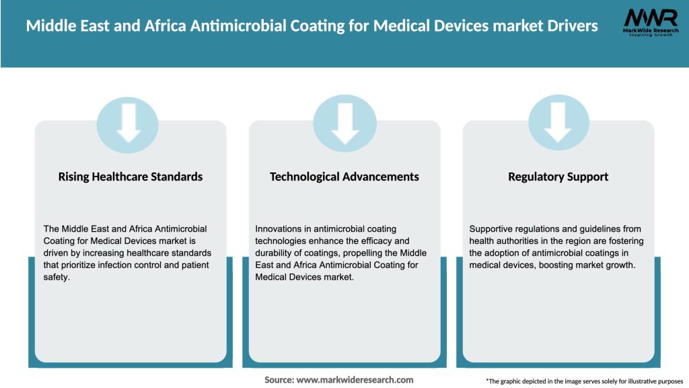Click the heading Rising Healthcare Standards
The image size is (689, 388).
click(131, 176)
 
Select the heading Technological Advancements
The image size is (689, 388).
click(344, 176)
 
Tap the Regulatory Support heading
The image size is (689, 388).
click(558, 176)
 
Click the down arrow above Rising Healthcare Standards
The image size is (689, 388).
click(128, 122)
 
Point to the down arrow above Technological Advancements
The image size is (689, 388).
click(344, 122)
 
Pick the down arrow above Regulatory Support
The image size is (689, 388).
click(558, 122)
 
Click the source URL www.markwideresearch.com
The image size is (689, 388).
click(355, 380)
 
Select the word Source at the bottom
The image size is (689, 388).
click(279, 380)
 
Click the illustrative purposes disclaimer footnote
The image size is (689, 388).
click(584, 381)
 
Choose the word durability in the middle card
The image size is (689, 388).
click(278, 253)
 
